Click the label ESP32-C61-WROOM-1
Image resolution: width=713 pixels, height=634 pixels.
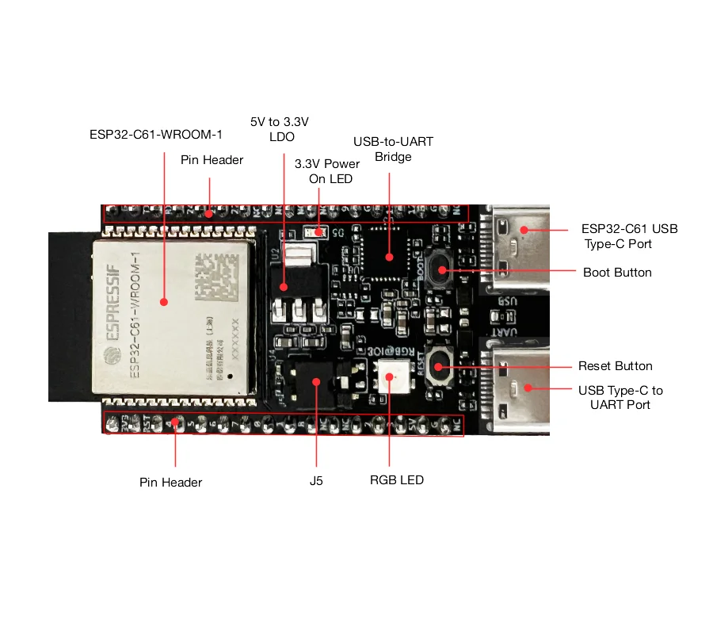pos(155,134)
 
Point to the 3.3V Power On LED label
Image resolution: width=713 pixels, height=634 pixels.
pos(327,171)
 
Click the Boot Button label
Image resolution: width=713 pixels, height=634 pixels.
pos(617,272)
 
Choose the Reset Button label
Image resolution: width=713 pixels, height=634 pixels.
pos(615,366)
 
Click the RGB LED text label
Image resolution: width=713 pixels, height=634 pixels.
pos(397,479)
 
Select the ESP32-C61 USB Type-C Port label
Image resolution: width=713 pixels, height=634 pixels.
pos(630,236)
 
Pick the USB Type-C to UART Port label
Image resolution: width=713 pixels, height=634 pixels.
pos(620,397)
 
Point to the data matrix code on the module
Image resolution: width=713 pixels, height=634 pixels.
pos(216,273)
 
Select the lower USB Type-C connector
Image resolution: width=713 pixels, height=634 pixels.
pos(520,388)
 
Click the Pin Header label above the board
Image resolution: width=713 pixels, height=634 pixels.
pos(212,159)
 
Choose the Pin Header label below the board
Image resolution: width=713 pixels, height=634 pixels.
pos(170,482)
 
